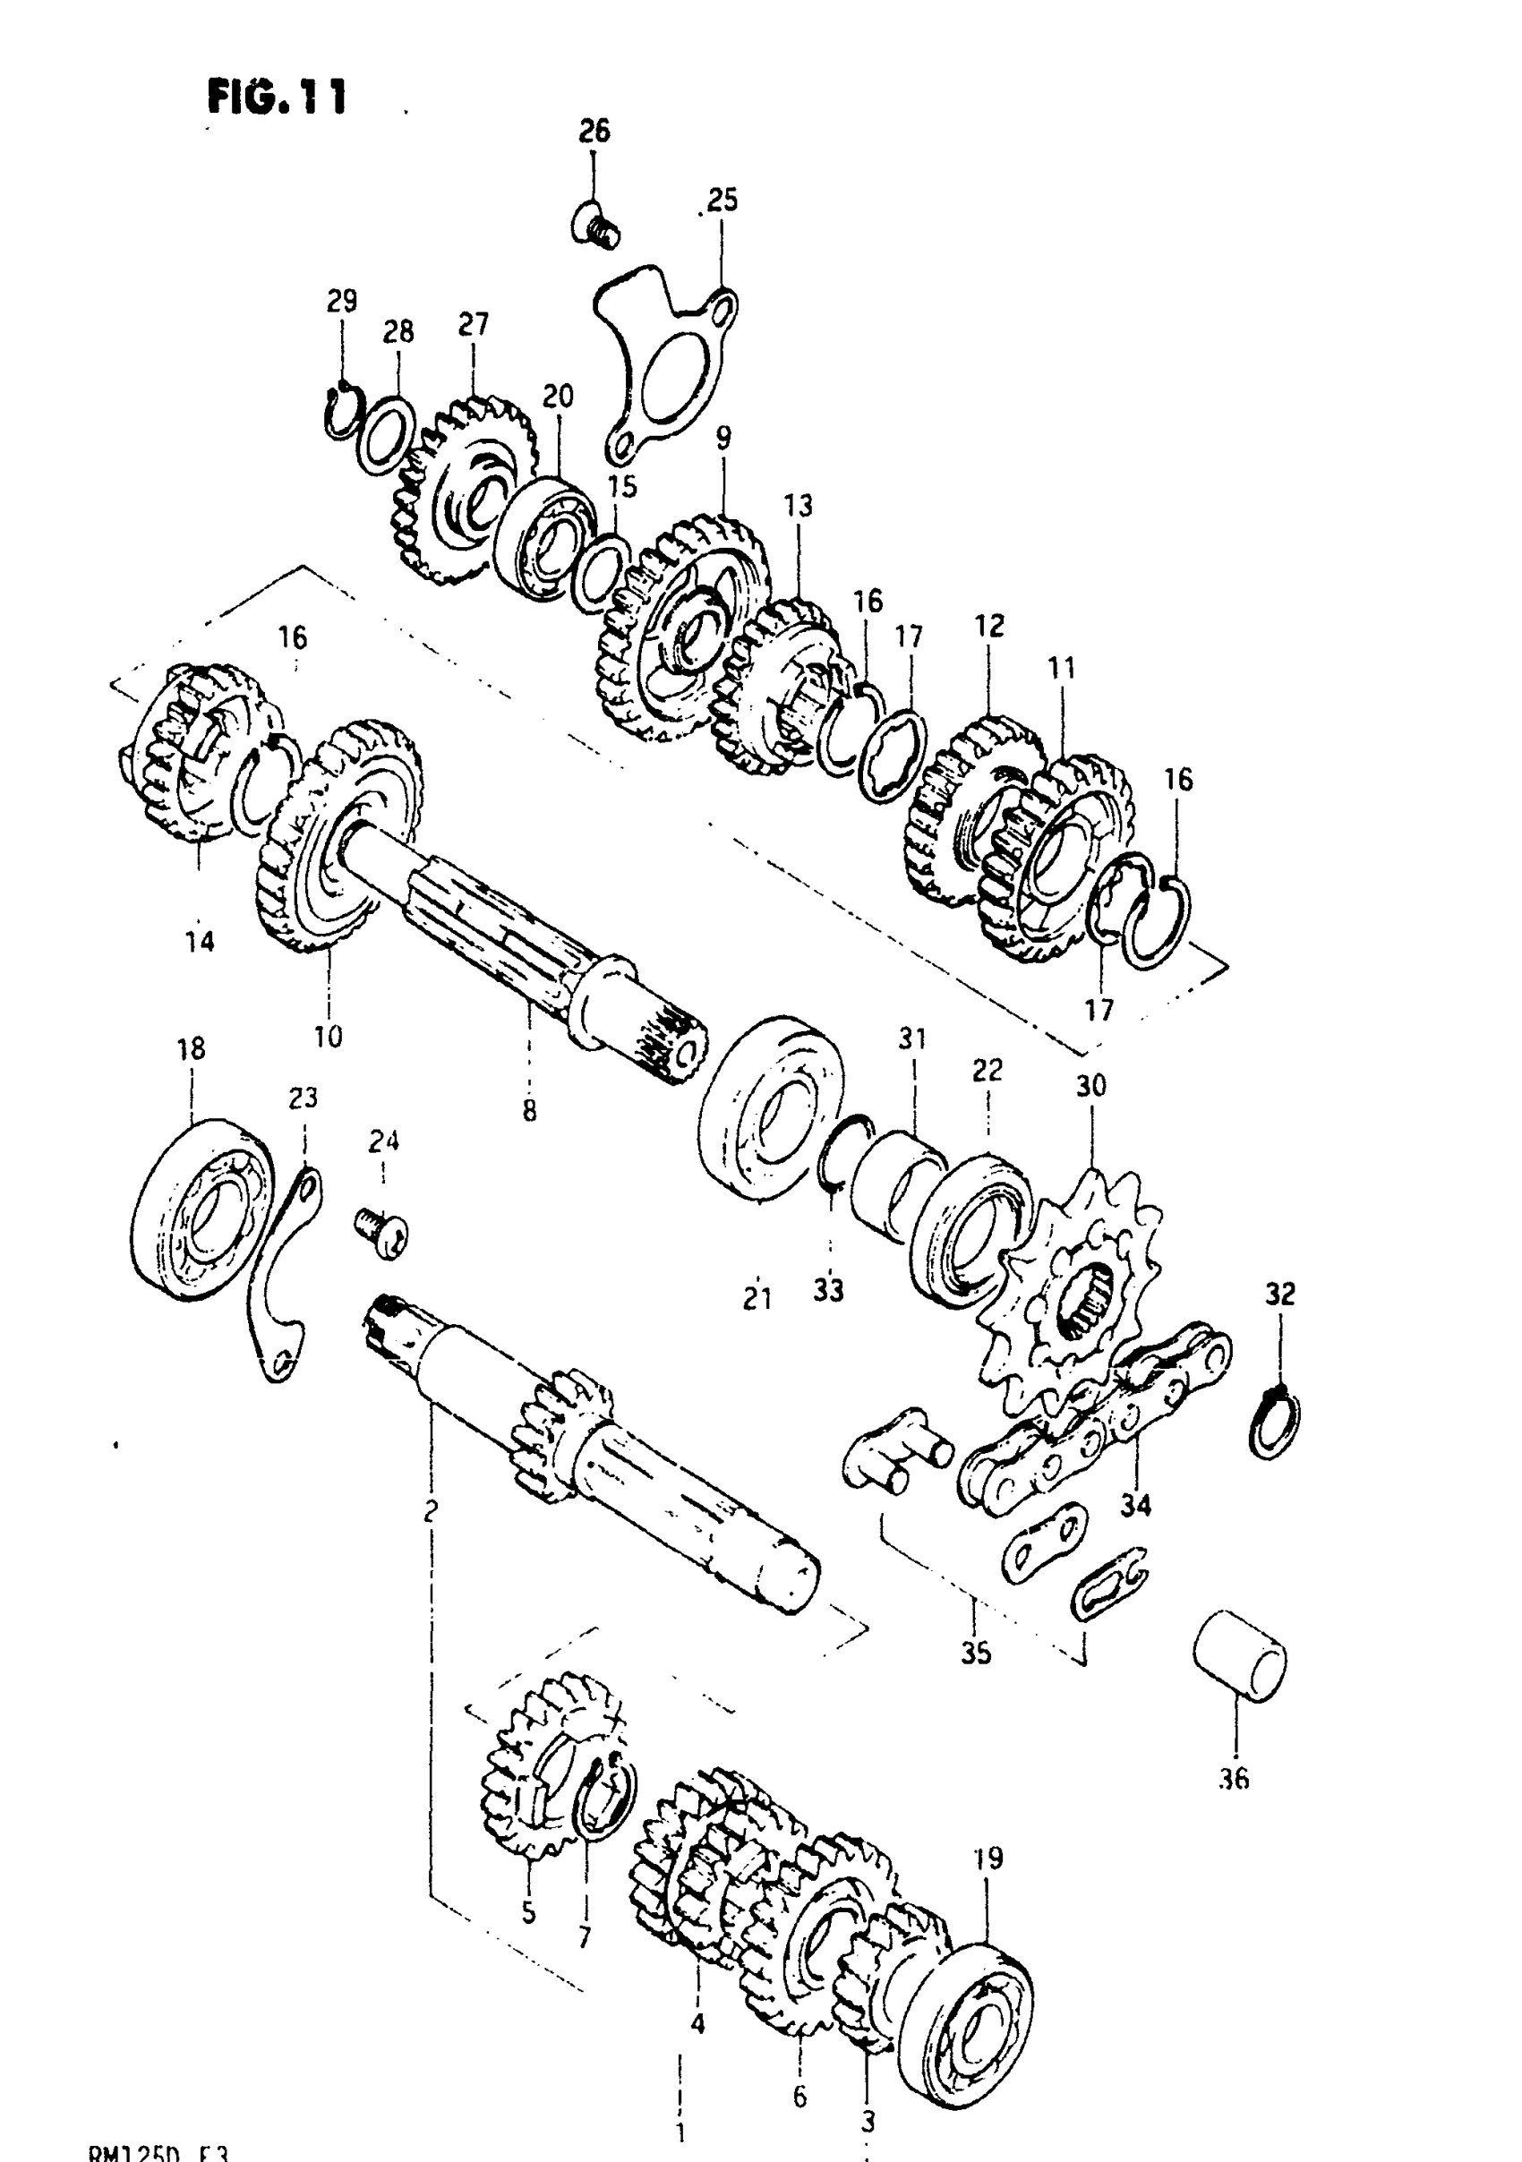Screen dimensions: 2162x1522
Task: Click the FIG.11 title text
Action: [x=277, y=96]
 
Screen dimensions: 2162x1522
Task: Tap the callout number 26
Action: [x=594, y=131]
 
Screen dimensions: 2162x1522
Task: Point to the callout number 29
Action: [x=342, y=302]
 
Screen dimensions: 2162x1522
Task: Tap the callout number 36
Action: [x=1233, y=1779]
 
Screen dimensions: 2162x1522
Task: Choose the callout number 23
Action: [x=304, y=1098]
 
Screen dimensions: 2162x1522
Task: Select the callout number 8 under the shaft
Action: [x=529, y=1111]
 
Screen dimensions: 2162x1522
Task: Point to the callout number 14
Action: [x=200, y=940]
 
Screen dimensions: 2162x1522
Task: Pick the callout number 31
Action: [x=911, y=1038]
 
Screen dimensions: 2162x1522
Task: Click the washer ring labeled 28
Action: [x=387, y=433]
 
